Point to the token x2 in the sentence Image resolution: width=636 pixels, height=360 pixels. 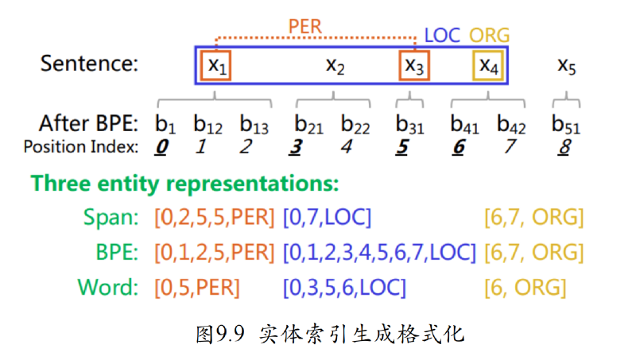[335, 66]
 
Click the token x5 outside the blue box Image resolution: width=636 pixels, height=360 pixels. [567, 66]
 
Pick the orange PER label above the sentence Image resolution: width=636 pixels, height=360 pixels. [305, 27]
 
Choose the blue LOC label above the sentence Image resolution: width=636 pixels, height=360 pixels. [442, 36]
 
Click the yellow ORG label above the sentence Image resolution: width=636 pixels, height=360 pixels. [489, 36]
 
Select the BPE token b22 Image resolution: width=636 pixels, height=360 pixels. [355, 124]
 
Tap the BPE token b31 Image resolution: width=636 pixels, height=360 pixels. [409, 124]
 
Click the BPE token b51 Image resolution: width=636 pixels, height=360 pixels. [566, 124]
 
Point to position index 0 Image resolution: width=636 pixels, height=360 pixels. [161, 147]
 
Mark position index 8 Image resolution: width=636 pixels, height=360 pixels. [564, 147]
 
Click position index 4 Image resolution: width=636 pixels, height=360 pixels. [346, 147]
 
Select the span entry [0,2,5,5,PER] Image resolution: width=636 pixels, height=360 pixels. [215, 217]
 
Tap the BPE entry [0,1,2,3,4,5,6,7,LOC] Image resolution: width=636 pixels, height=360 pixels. [379, 252]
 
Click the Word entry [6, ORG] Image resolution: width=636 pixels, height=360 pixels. [525, 288]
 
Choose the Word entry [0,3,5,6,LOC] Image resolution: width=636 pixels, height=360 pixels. [344, 288]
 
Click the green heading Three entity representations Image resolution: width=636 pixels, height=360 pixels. [185, 184]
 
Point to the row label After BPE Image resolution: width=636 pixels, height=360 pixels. [89, 123]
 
